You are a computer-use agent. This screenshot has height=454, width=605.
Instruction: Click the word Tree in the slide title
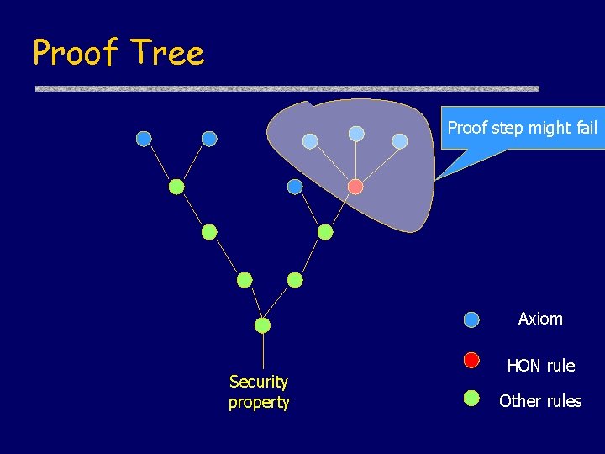click(x=167, y=53)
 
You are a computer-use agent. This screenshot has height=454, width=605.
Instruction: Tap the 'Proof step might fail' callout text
click(x=522, y=128)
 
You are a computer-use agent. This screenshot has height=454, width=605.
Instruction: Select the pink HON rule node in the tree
click(x=355, y=187)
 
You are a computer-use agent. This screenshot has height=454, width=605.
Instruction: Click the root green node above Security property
click(x=263, y=325)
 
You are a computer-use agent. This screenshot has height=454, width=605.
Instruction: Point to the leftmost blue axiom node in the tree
click(x=144, y=139)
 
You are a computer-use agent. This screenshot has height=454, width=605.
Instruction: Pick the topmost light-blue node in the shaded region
click(x=356, y=134)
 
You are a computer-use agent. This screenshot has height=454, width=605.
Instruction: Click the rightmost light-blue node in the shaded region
click(x=400, y=141)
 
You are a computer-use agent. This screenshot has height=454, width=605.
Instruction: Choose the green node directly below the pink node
click(x=325, y=232)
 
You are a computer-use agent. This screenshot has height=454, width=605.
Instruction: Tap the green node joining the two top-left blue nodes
click(x=176, y=187)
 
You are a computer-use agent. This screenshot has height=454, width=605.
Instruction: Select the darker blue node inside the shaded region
click(x=295, y=187)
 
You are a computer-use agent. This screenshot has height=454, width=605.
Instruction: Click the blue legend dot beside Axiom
click(x=471, y=319)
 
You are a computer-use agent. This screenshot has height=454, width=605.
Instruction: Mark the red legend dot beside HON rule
click(x=471, y=361)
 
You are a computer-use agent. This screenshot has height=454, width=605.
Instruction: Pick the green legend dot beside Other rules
click(x=471, y=397)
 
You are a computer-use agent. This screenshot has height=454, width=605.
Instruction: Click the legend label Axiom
click(x=540, y=319)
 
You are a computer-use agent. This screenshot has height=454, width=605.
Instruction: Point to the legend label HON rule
click(x=540, y=366)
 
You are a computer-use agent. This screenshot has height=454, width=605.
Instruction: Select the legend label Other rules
click(x=539, y=401)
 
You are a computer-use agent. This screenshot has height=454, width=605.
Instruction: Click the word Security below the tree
click(x=258, y=383)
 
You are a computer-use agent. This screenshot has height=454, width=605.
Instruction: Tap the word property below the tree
click(x=258, y=403)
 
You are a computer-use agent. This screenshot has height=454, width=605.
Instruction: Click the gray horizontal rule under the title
click(x=287, y=88)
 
